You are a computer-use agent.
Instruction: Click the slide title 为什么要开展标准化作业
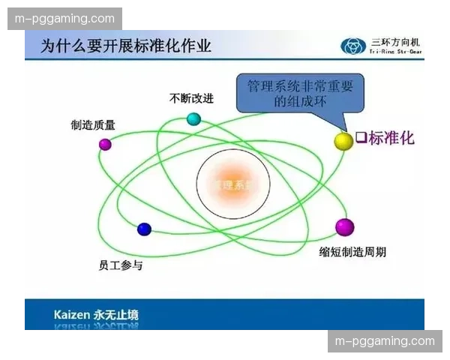click(x=126, y=46)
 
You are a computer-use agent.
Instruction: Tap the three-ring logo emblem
click(x=352, y=46)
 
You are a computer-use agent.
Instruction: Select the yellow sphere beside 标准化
click(x=343, y=140)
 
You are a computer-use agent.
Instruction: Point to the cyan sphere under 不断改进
click(x=193, y=118)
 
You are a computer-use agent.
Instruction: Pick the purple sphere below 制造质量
click(x=105, y=144)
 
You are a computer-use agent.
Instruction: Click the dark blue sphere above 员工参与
click(x=144, y=229)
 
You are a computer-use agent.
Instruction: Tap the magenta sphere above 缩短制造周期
click(x=344, y=226)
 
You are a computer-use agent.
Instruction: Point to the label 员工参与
click(x=120, y=265)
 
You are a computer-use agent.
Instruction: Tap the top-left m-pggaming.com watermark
click(x=65, y=19)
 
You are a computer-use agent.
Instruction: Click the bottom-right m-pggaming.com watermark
click(x=385, y=341)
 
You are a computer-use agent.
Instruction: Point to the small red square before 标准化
click(x=361, y=138)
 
